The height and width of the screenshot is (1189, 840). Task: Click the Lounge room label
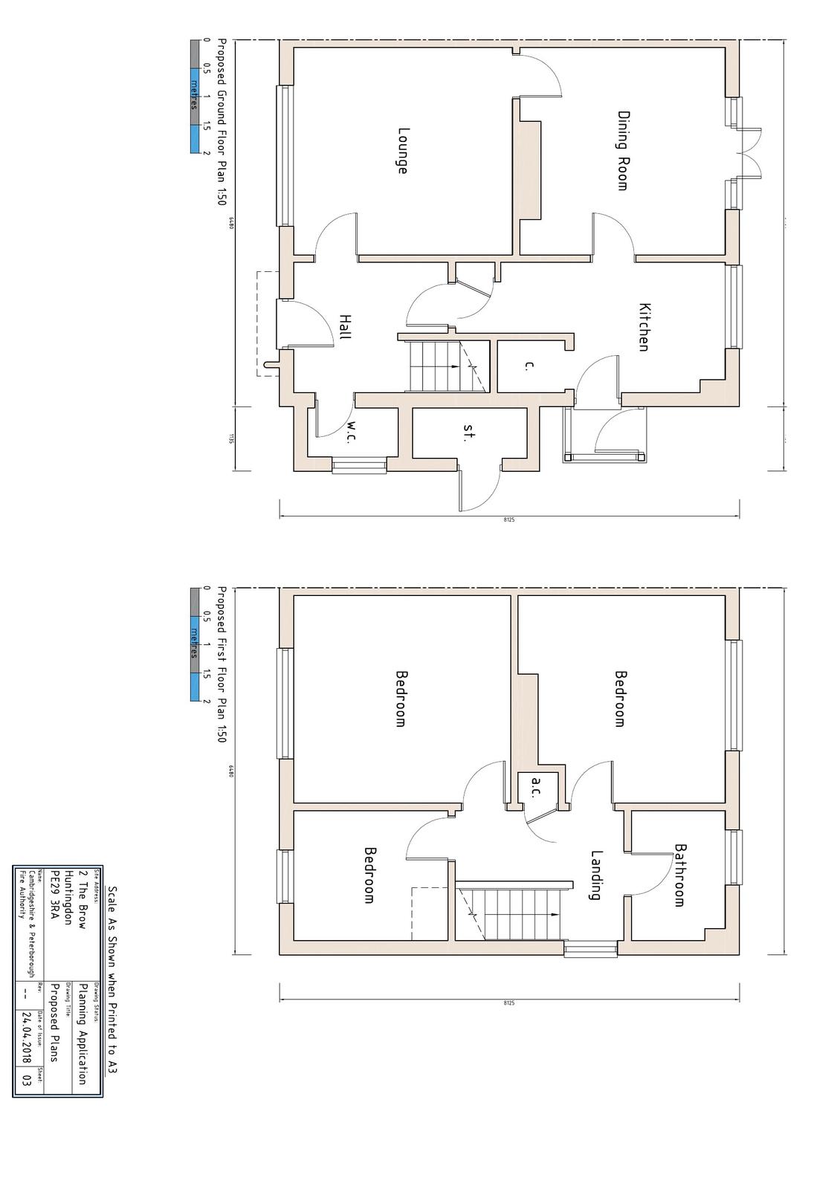pyautogui.click(x=401, y=151)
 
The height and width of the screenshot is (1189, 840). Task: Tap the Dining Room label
pyautogui.click(x=623, y=151)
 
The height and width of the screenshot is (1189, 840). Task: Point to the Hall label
pyautogui.click(x=344, y=326)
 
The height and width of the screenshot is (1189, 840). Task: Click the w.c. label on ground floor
pyautogui.click(x=351, y=432)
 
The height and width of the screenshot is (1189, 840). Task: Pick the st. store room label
pyautogui.click(x=468, y=432)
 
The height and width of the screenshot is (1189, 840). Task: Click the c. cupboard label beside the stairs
pyautogui.click(x=529, y=365)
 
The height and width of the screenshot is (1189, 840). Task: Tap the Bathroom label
pyautogui.click(x=679, y=875)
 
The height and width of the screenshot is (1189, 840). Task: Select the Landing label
pyautogui.click(x=595, y=875)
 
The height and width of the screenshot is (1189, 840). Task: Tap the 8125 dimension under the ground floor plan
pyautogui.click(x=508, y=519)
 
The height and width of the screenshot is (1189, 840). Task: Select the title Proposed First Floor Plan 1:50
pyautogui.click(x=221, y=664)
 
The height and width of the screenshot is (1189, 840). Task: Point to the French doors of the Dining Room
pyautogui.click(x=749, y=153)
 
